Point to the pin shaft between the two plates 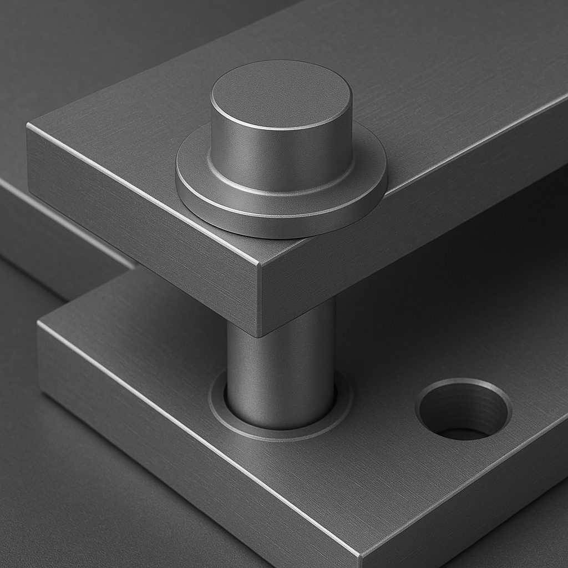point(281,366)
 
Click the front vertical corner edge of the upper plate point(259,300)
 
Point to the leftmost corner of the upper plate point(27,126)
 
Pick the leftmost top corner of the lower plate point(38,323)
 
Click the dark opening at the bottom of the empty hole point(463,433)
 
